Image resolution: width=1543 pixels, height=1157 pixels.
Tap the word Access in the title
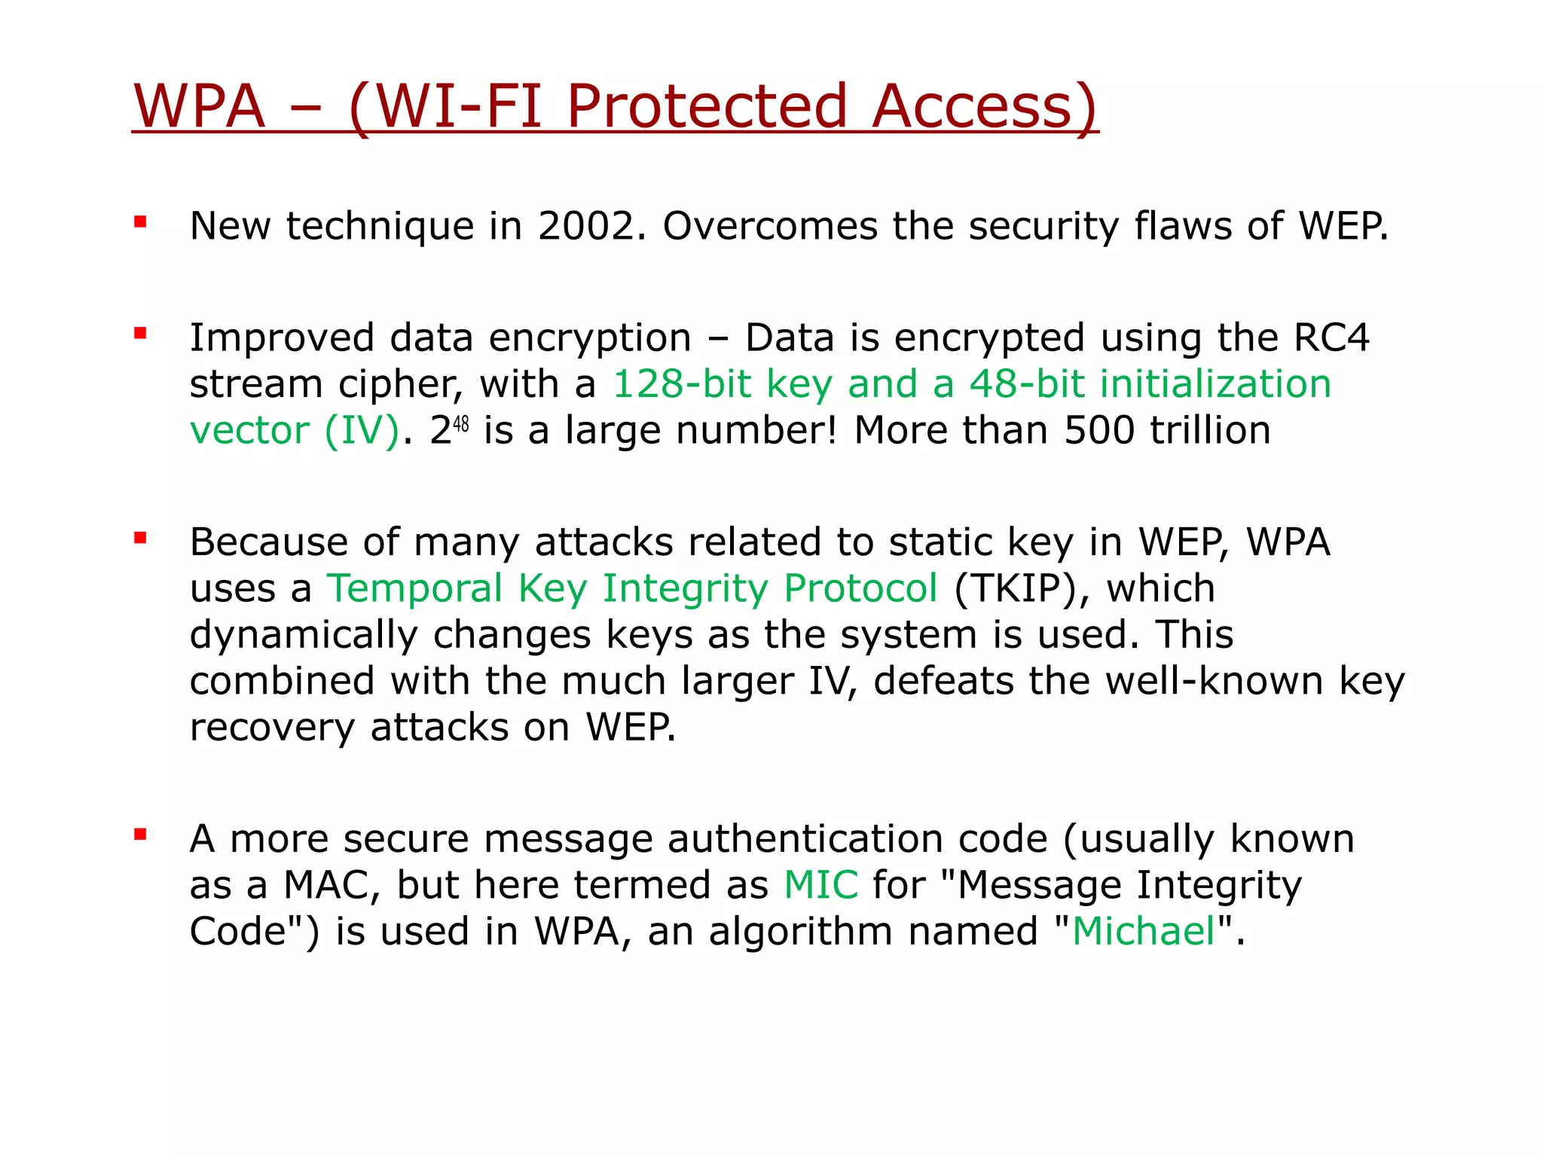983,106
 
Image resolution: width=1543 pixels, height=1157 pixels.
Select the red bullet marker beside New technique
140,221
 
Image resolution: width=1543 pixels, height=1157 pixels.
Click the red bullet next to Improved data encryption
140,333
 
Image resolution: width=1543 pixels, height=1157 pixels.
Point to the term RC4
1331,337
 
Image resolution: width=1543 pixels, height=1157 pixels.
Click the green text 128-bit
682,384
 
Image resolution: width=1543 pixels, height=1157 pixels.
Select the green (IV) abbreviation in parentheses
362,432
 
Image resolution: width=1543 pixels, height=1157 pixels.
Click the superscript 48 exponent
460,424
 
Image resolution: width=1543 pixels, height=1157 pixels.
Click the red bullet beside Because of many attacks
140,538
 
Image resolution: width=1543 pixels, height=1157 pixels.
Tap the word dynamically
303,635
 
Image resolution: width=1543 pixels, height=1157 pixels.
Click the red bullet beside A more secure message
140,835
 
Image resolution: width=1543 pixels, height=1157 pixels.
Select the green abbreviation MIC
820,885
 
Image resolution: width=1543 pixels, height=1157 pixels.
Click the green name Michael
1144,932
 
